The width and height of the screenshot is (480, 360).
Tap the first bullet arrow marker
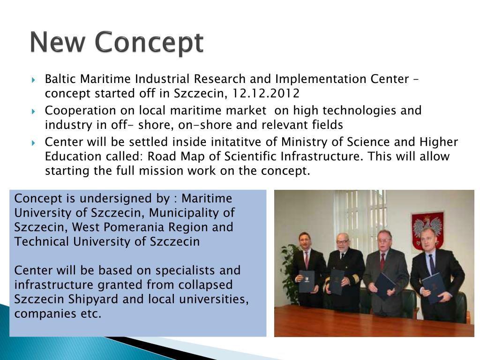point(34,79)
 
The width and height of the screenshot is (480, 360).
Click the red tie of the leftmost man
point(307,259)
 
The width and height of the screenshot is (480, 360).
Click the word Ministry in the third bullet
point(302,142)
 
